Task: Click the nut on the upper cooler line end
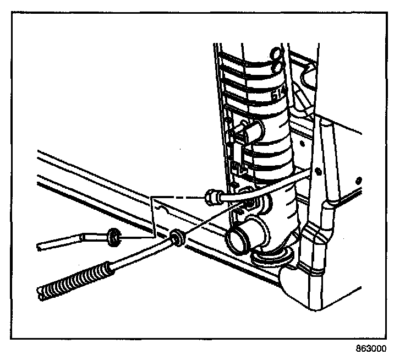[211, 195]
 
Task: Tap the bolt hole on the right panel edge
[358, 180]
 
